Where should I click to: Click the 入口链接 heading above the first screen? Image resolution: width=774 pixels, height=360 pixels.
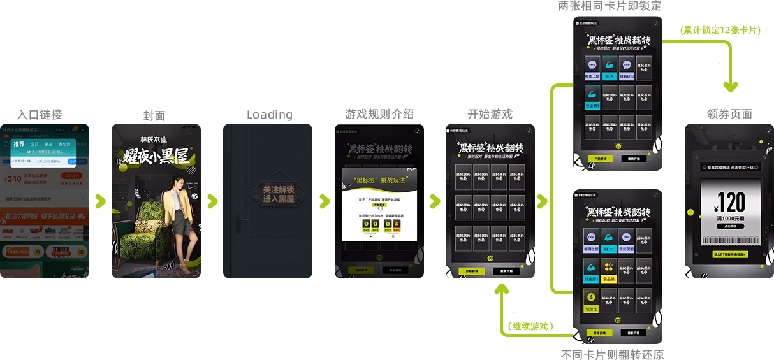[39, 115]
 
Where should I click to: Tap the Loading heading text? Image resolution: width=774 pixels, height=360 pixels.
[269, 115]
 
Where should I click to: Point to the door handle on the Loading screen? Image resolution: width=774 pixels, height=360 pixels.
[238, 221]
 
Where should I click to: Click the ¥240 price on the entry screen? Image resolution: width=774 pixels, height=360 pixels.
[13, 179]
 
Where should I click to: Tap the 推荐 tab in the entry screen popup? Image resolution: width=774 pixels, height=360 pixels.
[19, 145]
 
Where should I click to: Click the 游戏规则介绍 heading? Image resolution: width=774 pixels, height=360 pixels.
[379, 114]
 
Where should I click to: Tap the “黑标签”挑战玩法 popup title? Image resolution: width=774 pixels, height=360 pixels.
[379, 181]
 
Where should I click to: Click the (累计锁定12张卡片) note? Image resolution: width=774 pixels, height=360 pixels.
[720, 30]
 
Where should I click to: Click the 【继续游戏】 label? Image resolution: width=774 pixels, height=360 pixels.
[530, 326]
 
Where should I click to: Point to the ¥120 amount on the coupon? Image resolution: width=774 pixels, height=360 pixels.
[728, 203]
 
